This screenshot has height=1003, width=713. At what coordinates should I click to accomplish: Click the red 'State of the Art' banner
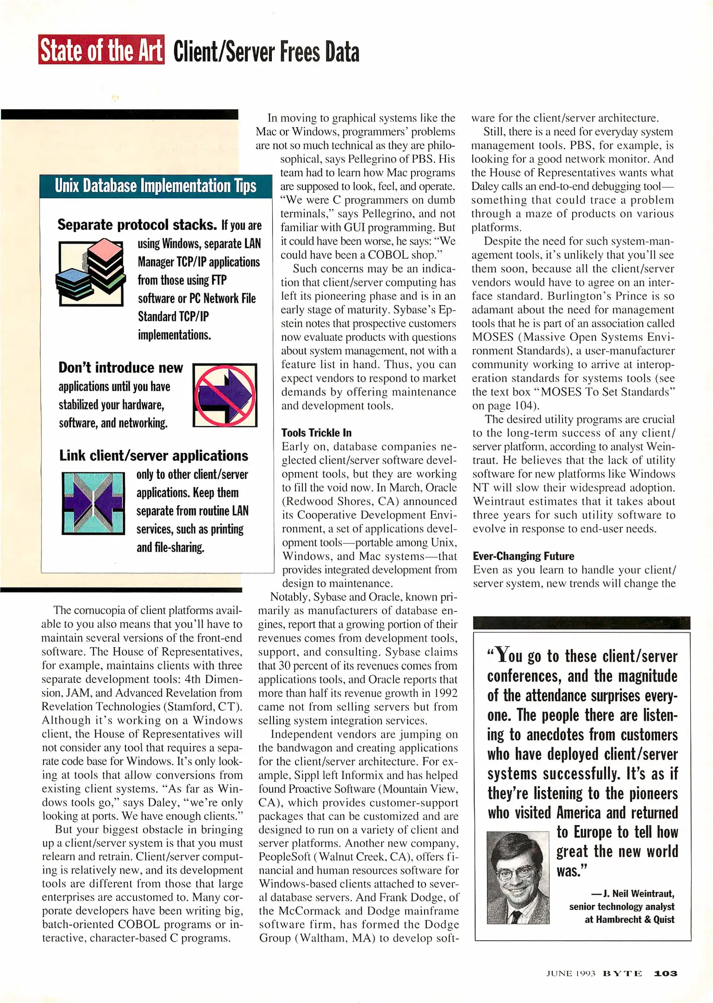[101, 50]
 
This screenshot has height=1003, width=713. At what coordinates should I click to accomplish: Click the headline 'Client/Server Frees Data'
[266, 52]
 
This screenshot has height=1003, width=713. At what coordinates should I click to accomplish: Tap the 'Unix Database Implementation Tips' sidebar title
[156, 186]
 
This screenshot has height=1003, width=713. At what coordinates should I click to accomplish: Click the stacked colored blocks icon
[91, 272]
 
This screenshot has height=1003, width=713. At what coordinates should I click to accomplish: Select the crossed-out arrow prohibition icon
[225, 395]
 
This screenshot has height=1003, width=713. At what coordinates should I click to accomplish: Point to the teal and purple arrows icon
[93, 503]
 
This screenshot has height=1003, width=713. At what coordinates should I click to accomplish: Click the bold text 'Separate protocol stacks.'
[137, 225]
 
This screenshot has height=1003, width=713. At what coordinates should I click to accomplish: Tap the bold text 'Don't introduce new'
[121, 368]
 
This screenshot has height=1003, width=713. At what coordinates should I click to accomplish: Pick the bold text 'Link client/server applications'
[154, 456]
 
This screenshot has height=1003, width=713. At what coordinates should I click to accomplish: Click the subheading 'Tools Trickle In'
[316, 433]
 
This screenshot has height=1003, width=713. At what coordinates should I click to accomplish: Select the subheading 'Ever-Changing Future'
[523, 556]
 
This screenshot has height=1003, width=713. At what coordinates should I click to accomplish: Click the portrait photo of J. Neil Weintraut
[518, 877]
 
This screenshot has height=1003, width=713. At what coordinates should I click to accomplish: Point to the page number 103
[666, 973]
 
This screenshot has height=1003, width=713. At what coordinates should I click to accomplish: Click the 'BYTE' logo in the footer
[622, 973]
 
